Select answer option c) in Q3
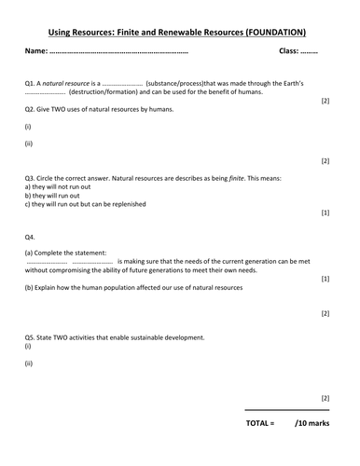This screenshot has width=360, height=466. (x=28, y=203)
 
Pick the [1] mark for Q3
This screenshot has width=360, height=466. (x=325, y=213)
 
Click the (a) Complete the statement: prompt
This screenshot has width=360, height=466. (x=66, y=253)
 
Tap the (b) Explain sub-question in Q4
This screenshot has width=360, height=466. (x=37, y=287)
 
